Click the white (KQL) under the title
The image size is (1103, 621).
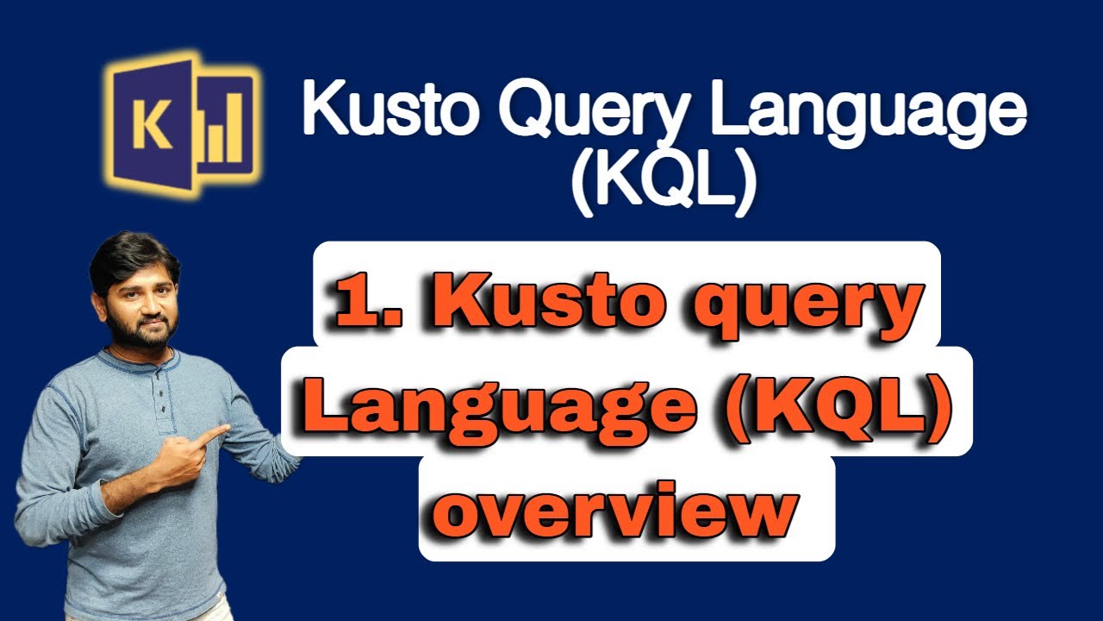click(x=663, y=185)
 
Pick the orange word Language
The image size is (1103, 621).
click(x=500, y=410)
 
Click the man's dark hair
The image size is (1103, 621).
click(x=132, y=259)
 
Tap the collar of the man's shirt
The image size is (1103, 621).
click(x=137, y=359)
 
